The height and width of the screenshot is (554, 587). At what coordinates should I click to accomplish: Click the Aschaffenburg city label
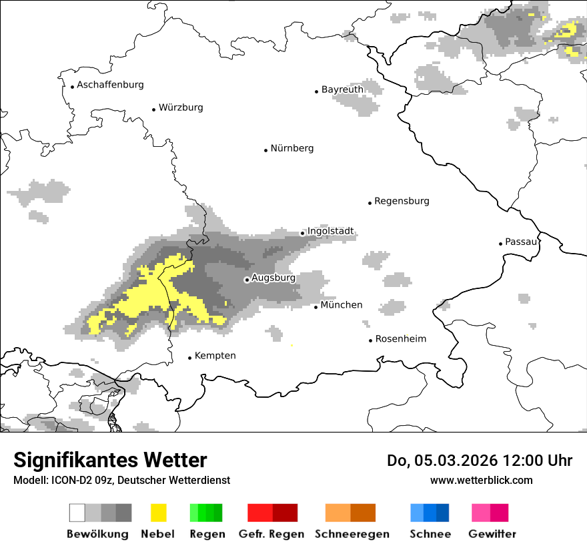point(110,85)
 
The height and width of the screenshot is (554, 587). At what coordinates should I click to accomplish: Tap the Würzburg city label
point(181,107)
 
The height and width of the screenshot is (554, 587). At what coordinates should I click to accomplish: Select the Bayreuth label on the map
point(342,89)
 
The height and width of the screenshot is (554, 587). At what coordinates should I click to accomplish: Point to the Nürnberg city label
point(291,148)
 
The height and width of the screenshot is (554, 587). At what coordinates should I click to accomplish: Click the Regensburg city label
point(402,201)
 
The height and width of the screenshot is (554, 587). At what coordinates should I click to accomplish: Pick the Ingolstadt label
point(330,232)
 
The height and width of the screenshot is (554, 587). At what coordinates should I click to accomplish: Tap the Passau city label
point(521,242)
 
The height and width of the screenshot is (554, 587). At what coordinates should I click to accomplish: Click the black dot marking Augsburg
point(247,280)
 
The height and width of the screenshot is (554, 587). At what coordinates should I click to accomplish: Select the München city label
point(341,305)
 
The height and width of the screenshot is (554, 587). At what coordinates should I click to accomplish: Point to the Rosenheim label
point(400,339)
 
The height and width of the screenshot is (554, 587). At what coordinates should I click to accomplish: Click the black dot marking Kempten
point(189,358)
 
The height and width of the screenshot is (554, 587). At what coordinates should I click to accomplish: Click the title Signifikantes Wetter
point(110,461)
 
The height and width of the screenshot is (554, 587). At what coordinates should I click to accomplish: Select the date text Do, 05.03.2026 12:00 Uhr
point(480,461)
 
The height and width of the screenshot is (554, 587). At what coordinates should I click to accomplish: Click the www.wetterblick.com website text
point(481,480)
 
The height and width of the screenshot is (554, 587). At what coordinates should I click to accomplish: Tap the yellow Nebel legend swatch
point(158,513)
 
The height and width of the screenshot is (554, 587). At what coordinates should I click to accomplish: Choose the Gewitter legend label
point(492,534)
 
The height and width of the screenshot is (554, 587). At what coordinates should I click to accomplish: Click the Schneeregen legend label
point(352,534)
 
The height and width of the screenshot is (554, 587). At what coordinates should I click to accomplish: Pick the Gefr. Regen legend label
point(271,534)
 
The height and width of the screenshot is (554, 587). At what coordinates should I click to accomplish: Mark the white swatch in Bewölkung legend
point(77,513)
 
